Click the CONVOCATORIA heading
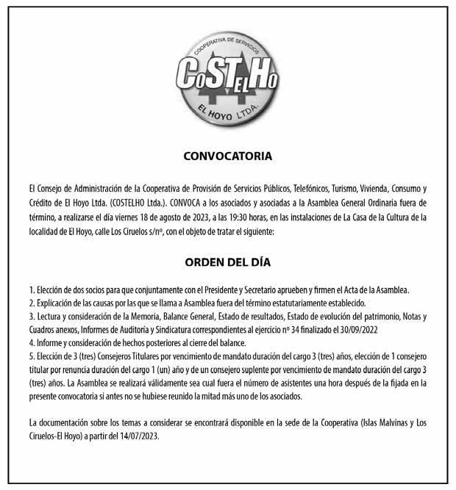click(228, 156)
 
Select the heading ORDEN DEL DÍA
click(228, 262)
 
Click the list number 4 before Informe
click(31, 342)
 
